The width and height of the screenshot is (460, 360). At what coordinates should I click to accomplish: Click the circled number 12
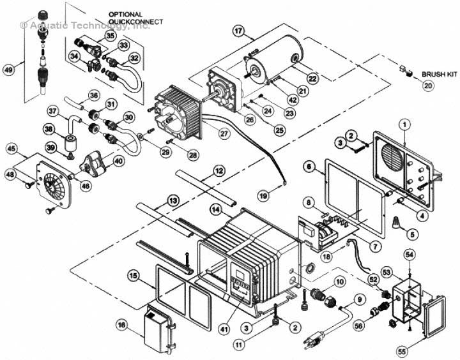(x=218, y=171)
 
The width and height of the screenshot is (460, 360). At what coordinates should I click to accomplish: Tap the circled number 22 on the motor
(x=312, y=78)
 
